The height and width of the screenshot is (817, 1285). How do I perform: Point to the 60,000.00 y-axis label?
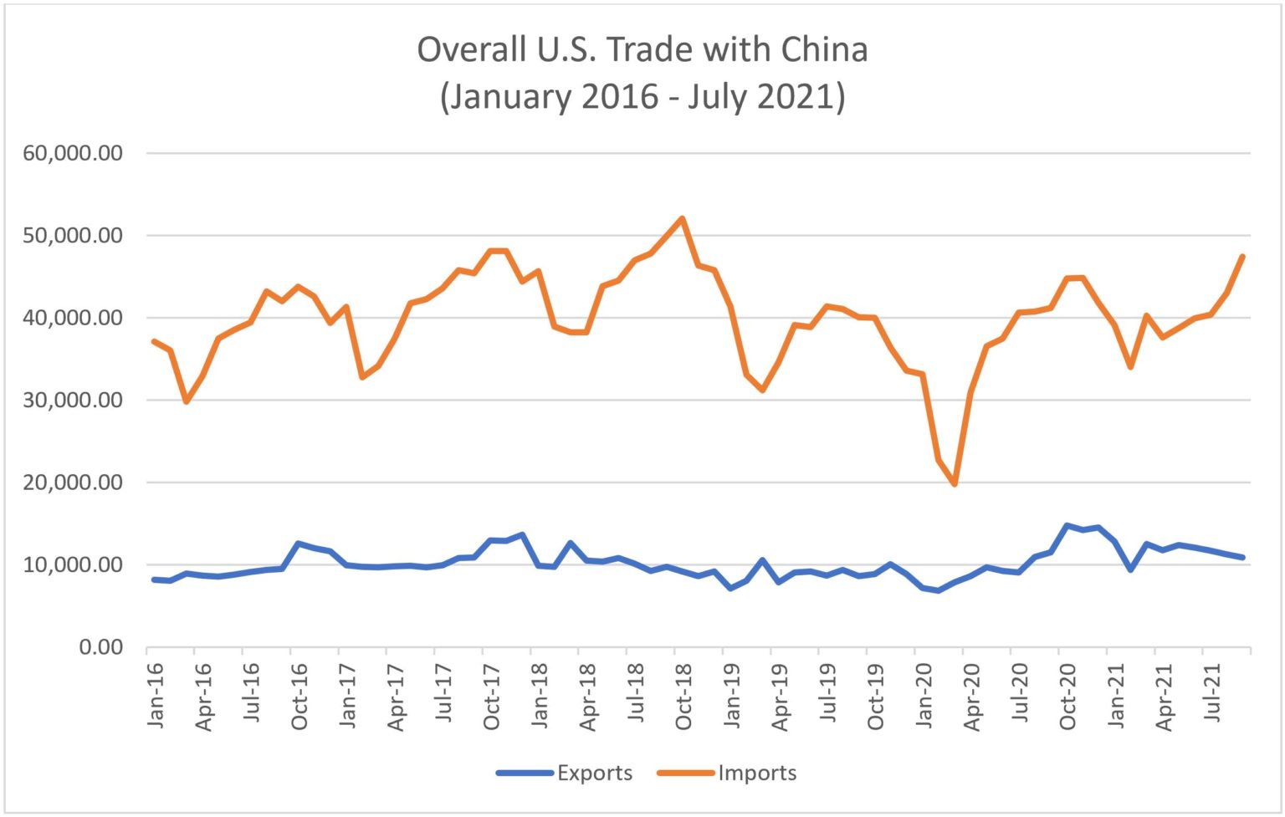(73, 153)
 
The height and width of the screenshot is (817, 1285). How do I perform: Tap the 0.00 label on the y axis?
(100, 647)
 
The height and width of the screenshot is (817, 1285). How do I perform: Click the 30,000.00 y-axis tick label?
(73, 401)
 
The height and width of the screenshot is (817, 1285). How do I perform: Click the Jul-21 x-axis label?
(1211, 694)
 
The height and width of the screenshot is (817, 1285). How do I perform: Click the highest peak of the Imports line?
(683, 218)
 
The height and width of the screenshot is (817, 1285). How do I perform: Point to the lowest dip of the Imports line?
(955, 484)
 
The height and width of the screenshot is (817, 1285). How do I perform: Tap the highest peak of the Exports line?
(1067, 525)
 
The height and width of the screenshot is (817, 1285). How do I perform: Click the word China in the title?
(824, 50)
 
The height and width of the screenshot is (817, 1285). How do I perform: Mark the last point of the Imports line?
(1243, 256)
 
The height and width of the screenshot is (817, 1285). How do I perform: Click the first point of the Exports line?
(154, 580)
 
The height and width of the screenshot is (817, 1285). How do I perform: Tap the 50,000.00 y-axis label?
(73, 236)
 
